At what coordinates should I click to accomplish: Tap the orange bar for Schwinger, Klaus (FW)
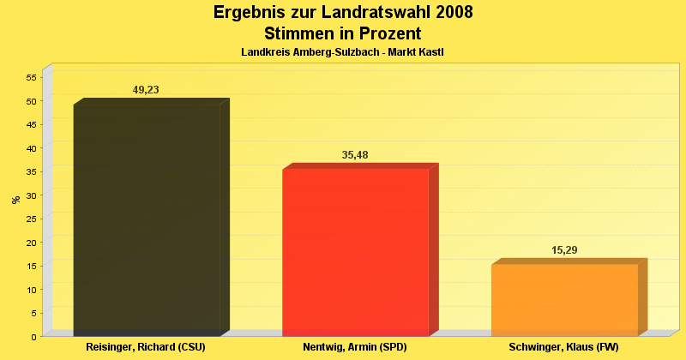click(564, 300)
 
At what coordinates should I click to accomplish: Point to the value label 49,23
click(146, 90)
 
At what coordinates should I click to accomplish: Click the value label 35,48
click(355, 155)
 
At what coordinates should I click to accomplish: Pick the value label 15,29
click(564, 250)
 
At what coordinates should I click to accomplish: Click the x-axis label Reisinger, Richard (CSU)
click(146, 347)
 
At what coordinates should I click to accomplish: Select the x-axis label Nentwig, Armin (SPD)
click(355, 347)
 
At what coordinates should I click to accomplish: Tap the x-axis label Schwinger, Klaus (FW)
click(563, 347)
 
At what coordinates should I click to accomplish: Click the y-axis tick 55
click(30, 77)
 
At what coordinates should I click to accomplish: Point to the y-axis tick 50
click(30, 101)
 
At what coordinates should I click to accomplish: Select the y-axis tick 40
click(30, 148)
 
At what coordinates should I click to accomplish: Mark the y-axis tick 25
click(30, 219)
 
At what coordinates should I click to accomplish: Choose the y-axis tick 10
click(30, 290)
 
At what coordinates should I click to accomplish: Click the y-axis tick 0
click(33, 337)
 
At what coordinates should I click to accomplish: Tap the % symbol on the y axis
click(15, 200)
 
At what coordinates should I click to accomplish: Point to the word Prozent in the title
click(386, 33)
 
